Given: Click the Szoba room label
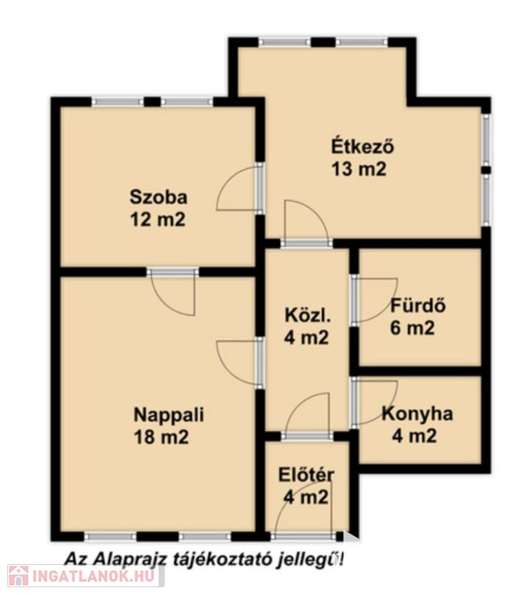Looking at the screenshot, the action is pyautogui.click(x=159, y=198).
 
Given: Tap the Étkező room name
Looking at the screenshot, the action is pyautogui.click(x=363, y=146).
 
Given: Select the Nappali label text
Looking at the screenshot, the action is pyautogui.click(x=169, y=414).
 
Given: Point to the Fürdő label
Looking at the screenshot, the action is pyautogui.click(x=418, y=305).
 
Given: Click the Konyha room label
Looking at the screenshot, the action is pyautogui.click(x=417, y=414).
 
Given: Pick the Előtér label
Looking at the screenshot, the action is pyautogui.click(x=306, y=475).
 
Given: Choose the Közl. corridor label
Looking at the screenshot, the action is pyautogui.click(x=307, y=315).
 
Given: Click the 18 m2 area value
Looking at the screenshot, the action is pyautogui.click(x=161, y=437).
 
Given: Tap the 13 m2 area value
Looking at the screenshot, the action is pyautogui.click(x=359, y=169).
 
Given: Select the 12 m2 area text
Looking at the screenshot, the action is pyautogui.click(x=158, y=220).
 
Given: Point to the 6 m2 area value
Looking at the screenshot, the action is pyautogui.click(x=412, y=328).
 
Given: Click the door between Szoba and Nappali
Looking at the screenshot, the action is pyautogui.click(x=172, y=293).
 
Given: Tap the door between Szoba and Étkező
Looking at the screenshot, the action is pyautogui.click(x=240, y=187).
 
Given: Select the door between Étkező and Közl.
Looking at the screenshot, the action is pyautogui.click(x=306, y=224).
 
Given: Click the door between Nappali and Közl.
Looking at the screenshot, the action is pyautogui.click(x=240, y=363).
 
